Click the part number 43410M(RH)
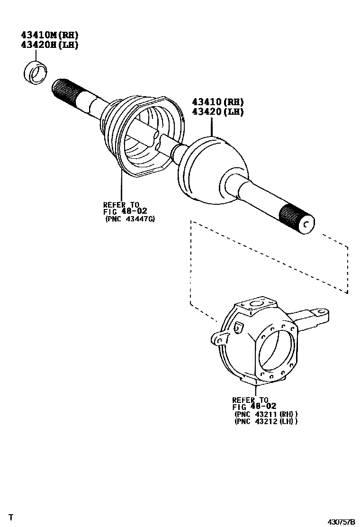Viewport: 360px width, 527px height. click(49, 35)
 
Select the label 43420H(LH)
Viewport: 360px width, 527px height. click(49, 45)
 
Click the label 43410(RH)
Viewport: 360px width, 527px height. click(217, 102)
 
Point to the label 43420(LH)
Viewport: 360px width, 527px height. click(217, 112)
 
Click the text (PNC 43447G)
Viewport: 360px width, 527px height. click(130, 219)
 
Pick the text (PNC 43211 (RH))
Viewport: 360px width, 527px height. click(266, 413)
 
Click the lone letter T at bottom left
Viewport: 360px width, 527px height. click(11, 517)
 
